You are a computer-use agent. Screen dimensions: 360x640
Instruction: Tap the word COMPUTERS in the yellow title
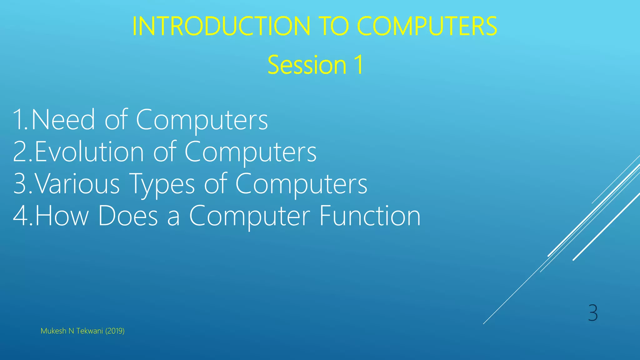coord(427,26)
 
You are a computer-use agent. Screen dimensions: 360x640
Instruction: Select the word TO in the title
coord(333,26)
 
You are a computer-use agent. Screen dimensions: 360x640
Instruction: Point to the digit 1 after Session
coord(358,65)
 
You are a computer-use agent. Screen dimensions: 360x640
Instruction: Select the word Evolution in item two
coord(89,152)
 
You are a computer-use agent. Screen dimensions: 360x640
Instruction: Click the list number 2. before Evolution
coord(22,152)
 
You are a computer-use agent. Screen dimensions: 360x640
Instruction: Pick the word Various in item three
coord(77,184)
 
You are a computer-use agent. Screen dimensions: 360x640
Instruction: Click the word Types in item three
coord(162,184)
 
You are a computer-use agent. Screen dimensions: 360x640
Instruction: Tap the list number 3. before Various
coord(22,184)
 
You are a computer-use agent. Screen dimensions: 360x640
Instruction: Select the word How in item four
coord(62,216)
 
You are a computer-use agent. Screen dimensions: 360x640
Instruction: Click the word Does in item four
coord(128,216)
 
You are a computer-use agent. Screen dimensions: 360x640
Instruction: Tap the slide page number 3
coord(593,313)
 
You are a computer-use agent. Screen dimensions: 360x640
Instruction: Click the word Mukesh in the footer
coord(53,331)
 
